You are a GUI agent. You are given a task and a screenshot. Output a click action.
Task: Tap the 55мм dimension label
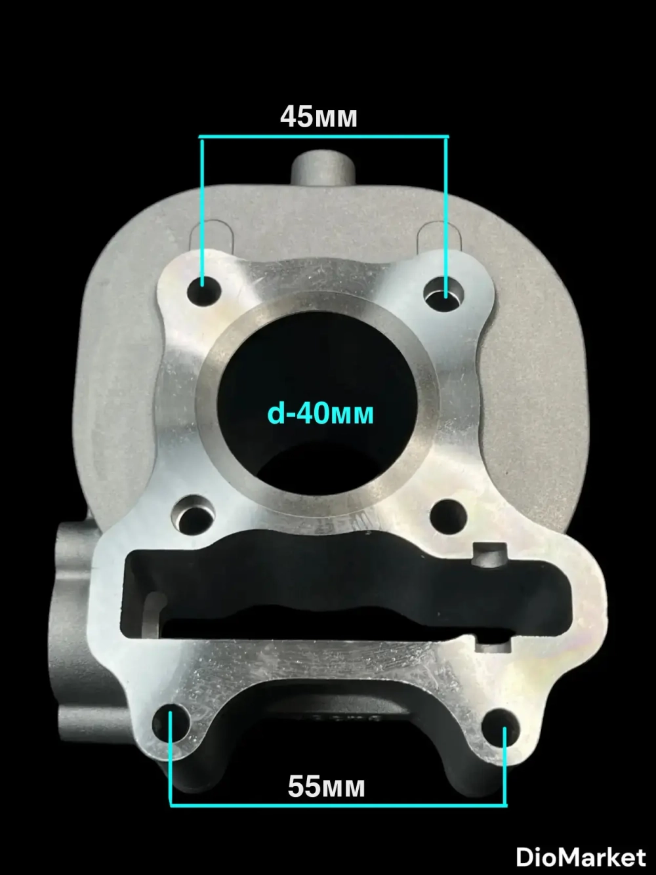click(x=327, y=786)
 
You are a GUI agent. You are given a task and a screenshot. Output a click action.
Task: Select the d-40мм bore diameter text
click(x=320, y=413)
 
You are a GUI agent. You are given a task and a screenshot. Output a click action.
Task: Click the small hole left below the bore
click(x=192, y=517)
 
